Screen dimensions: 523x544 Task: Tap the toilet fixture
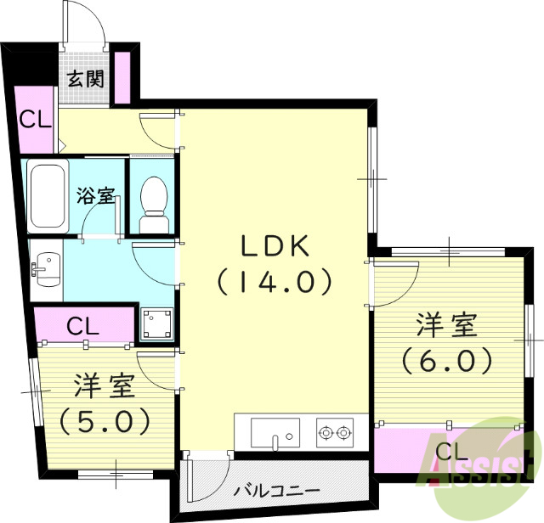tap(153, 199)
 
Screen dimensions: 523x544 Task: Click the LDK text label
tap(274, 246)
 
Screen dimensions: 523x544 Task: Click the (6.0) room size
tap(447, 361)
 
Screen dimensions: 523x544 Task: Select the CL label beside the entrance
tap(36, 120)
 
